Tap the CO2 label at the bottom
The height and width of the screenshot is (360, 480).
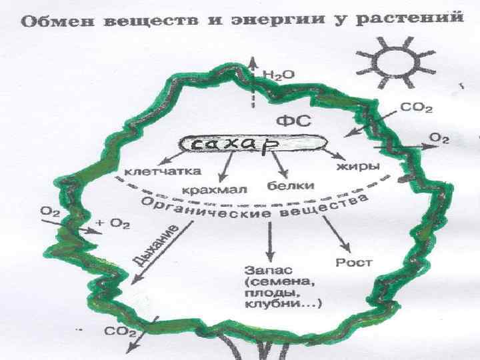coord(120,331)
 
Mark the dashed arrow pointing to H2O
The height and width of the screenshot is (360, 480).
coord(253,81)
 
